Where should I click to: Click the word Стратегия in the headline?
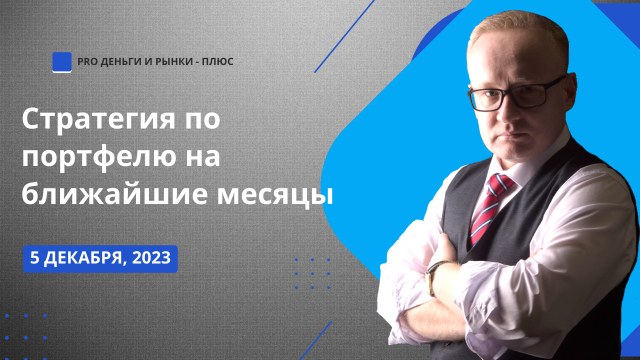click(x=98, y=120)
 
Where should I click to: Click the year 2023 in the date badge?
click(x=151, y=258)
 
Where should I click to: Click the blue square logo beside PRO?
click(x=62, y=62)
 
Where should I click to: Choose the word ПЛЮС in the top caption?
click(x=217, y=61)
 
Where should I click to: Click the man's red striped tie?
click(x=489, y=208)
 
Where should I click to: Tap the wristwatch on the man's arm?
click(x=433, y=278)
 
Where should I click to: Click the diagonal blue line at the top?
click(x=344, y=36)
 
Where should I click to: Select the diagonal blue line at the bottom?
click(x=315, y=340)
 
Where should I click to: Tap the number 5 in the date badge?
click(x=34, y=258)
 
